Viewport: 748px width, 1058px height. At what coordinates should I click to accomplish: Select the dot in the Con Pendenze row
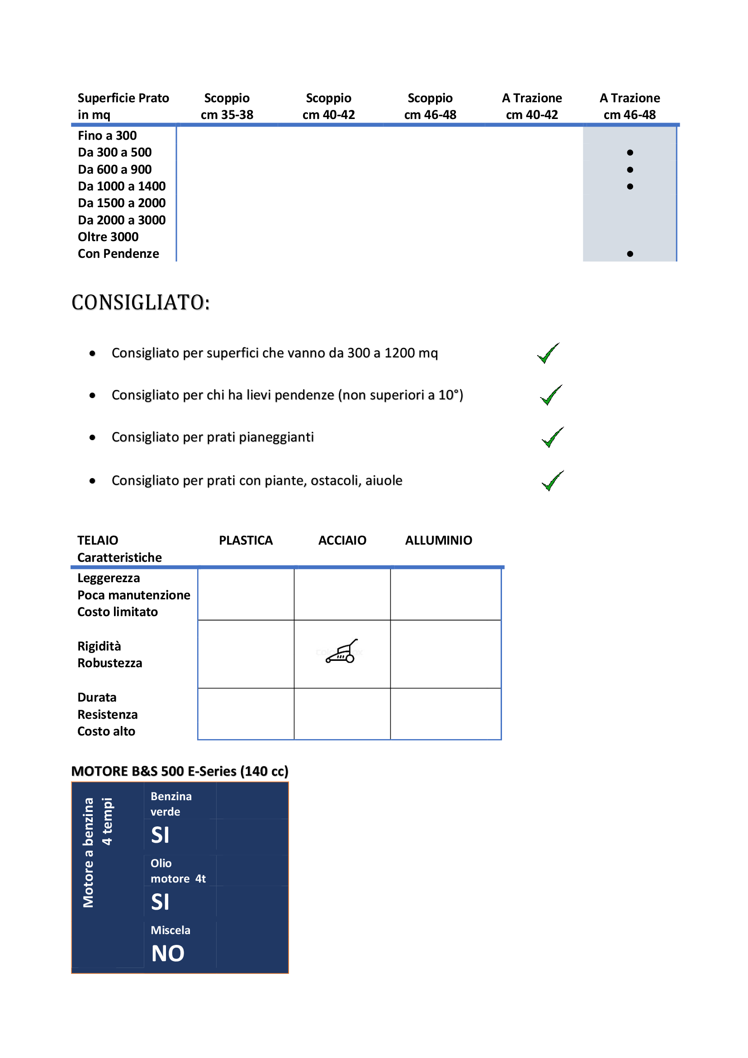click(630, 254)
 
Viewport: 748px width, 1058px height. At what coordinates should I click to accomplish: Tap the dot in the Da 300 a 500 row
click(630, 152)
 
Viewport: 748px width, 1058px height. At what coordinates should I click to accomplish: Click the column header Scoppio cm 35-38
click(227, 106)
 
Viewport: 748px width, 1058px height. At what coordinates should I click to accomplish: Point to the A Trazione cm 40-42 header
click(531, 106)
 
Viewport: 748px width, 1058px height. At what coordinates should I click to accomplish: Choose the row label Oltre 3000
click(108, 237)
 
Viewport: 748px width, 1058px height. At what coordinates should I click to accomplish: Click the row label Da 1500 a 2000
click(122, 203)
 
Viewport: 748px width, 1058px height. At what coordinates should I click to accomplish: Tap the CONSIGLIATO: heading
click(141, 303)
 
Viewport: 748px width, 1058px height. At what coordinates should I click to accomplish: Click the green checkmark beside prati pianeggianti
click(552, 437)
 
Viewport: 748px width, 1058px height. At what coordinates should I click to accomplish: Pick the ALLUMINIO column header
click(438, 540)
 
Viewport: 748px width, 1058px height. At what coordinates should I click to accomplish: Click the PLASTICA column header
click(246, 540)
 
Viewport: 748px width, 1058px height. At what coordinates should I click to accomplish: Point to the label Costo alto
click(106, 731)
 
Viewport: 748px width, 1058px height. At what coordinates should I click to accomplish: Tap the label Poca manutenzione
click(133, 595)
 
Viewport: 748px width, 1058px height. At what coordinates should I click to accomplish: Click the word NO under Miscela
click(168, 954)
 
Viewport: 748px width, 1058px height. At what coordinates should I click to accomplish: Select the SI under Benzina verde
click(160, 835)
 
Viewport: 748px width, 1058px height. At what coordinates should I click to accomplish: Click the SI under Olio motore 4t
click(160, 902)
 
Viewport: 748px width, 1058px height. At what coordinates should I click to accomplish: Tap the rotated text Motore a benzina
click(88, 853)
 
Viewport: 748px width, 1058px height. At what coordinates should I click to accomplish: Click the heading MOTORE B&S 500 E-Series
click(180, 771)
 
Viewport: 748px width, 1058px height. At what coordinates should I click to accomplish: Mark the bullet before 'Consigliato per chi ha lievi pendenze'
click(93, 395)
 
